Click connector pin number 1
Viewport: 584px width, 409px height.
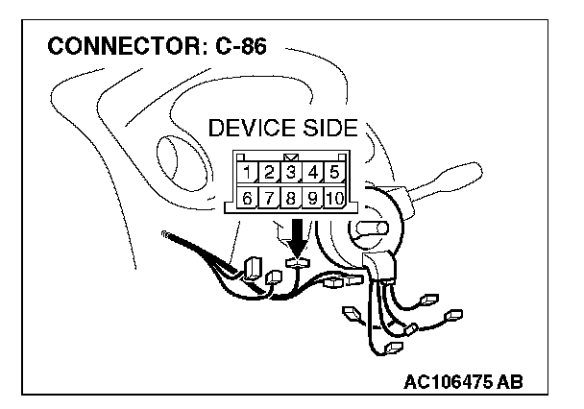click(x=247, y=174)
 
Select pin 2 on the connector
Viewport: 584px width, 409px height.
click(x=269, y=174)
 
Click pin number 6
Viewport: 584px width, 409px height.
click(x=247, y=199)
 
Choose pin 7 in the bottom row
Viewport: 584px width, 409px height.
click(x=269, y=199)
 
